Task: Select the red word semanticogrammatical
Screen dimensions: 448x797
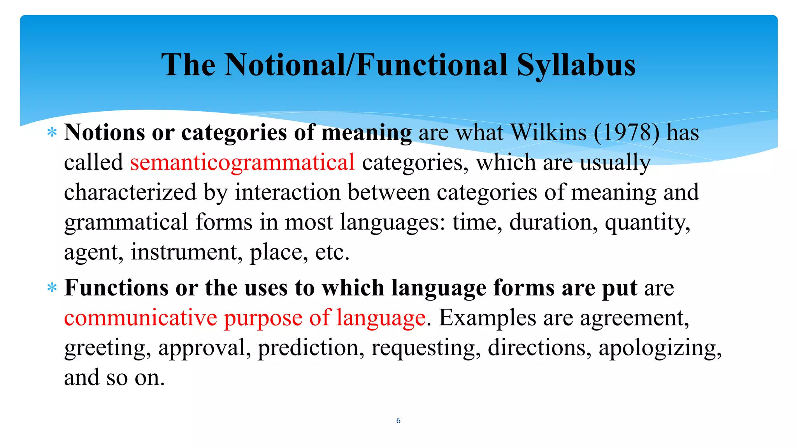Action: point(242,162)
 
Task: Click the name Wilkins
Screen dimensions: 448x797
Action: point(548,133)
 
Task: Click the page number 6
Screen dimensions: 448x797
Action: point(398,420)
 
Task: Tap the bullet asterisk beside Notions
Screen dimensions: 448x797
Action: point(52,133)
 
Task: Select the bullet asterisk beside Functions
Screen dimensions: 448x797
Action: point(52,288)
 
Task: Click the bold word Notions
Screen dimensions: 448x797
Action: point(105,133)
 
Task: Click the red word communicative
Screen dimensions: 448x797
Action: point(140,318)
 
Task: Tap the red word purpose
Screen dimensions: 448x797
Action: point(263,318)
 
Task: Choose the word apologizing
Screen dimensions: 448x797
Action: point(660,348)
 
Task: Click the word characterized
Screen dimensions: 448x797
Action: point(130,192)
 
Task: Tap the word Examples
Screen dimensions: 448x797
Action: point(488,318)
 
